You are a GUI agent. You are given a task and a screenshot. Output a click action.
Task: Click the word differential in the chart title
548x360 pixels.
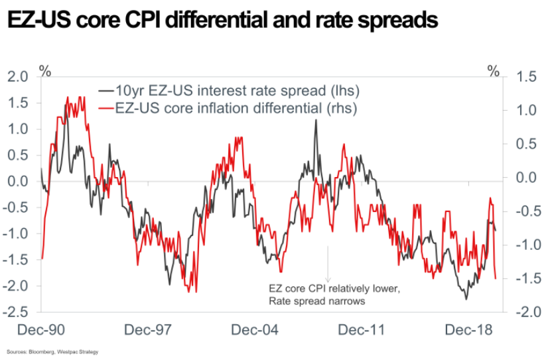coord(224,21)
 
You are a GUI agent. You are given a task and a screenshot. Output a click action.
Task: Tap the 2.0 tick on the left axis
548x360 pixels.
coord(18,77)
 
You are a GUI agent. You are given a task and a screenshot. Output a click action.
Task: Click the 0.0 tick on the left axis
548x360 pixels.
coord(18,182)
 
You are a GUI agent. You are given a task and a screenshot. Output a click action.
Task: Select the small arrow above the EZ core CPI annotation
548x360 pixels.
coord(328,265)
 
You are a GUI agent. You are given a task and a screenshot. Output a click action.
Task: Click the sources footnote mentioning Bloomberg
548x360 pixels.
coord(52,351)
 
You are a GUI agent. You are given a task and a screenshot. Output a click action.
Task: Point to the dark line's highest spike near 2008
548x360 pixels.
coord(316,121)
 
